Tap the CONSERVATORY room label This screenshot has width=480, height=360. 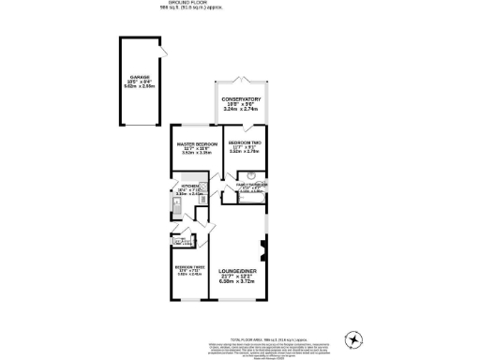tap(241, 98)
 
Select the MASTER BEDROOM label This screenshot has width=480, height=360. tap(197, 143)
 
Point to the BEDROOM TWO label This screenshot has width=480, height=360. tap(244, 143)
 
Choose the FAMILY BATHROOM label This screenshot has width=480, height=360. tap(251, 186)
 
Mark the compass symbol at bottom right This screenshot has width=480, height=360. tap(354, 338)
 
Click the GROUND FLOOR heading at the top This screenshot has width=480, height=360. tap(239, 4)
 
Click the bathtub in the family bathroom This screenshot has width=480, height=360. tap(246, 196)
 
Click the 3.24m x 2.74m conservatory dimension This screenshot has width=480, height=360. tap(241, 111)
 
